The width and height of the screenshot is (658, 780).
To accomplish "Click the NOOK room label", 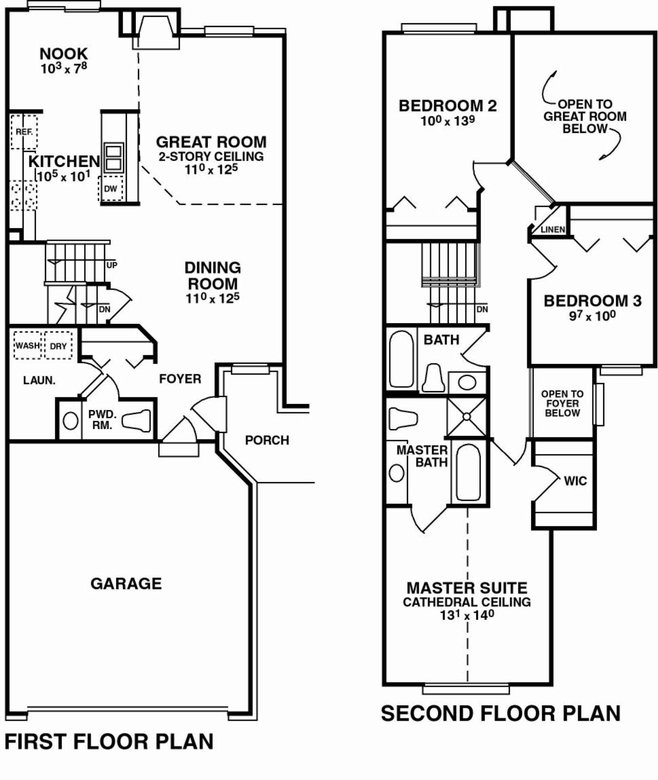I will click(64, 54).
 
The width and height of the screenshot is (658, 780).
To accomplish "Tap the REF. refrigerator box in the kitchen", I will click(24, 132).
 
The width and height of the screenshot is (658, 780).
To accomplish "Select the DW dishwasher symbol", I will click(110, 189).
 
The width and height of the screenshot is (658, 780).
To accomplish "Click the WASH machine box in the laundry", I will click(27, 345).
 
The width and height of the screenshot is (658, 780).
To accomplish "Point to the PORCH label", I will click(267, 440).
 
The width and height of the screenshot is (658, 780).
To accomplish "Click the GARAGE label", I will click(126, 583).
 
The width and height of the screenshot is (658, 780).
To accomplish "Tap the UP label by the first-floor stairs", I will click(112, 265).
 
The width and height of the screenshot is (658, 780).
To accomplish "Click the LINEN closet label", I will click(553, 229).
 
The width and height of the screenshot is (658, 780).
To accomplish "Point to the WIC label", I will click(575, 481).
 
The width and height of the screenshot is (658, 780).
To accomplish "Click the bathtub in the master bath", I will click(468, 472).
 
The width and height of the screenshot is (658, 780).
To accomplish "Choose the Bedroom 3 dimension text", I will click(592, 316).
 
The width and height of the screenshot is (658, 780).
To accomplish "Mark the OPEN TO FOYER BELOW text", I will click(562, 403).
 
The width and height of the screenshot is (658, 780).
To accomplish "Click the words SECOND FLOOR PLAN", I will click(501, 713).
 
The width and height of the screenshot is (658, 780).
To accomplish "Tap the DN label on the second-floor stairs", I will click(482, 309).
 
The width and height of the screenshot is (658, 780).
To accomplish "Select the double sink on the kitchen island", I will click(114, 157).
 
